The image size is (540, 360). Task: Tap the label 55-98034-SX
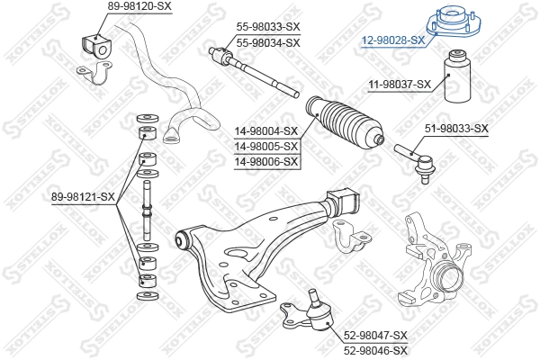[x=268, y=42]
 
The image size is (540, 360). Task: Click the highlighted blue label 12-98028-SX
[x=393, y=40]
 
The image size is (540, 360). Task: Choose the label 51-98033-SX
[x=456, y=129]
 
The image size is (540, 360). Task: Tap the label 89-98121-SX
[x=83, y=196]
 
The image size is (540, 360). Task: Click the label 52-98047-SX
[x=375, y=335]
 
